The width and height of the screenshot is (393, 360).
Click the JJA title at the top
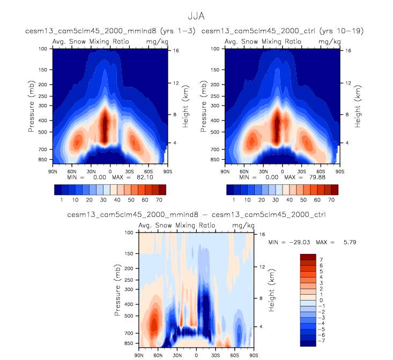coord(196,17)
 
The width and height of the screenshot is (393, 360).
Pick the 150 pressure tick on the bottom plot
coord(129,253)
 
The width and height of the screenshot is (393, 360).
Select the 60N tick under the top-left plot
coord(72,171)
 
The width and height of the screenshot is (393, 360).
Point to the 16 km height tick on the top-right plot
coord(348,50)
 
